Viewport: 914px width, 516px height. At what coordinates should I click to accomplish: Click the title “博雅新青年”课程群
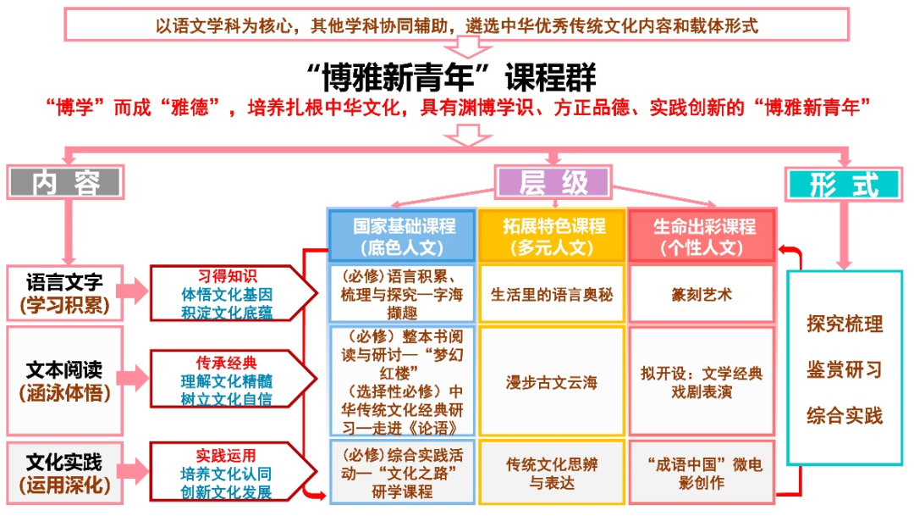(457, 78)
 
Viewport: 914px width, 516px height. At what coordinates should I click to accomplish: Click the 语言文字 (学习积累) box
(66, 292)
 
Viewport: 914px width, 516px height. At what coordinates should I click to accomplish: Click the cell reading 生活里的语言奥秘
(553, 295)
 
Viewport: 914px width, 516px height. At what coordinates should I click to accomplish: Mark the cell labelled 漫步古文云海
(553, 382)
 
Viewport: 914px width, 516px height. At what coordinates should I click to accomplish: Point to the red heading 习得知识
(227, 275)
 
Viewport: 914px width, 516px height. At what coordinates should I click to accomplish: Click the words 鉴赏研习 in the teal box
(844, 369)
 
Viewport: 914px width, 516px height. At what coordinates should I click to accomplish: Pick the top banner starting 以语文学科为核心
(457, 25)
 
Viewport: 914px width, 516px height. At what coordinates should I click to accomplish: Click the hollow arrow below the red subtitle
(457, 132)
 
